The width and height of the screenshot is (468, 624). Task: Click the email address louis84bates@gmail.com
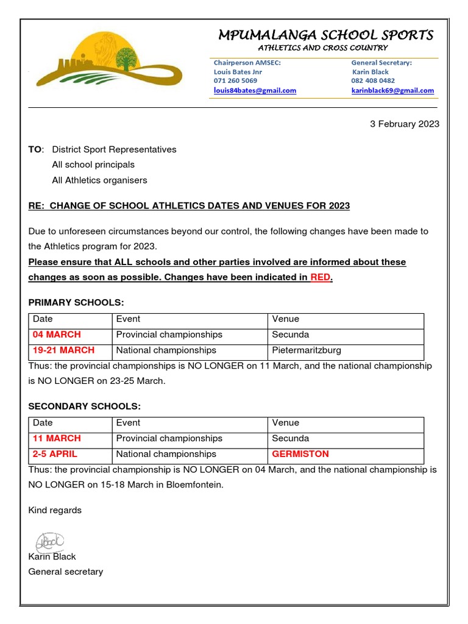coord(255,91)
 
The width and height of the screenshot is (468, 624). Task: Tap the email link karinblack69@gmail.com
coord(392,91)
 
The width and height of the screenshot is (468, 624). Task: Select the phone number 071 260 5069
coord(235,80)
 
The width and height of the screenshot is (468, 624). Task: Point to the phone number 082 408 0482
coord(372,80)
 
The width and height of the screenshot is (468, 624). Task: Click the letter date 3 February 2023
coord(405,124)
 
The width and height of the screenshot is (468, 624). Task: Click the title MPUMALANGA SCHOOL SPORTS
coord(326,35)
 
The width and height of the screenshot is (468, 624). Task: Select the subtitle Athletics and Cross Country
coord(323,48)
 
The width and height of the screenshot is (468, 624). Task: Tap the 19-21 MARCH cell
coord(63,350)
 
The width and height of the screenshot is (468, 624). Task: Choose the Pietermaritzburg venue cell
coord(307,350)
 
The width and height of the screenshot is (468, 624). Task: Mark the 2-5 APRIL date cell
coord(55,454)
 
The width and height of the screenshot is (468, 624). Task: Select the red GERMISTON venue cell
coord(300,454)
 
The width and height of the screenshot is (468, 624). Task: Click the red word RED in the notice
coord(320,277)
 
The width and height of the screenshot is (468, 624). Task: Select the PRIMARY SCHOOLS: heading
coord(76,303)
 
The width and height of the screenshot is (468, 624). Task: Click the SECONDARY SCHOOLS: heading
coord(85,406)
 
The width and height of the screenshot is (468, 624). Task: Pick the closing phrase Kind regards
coord(55,510)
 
